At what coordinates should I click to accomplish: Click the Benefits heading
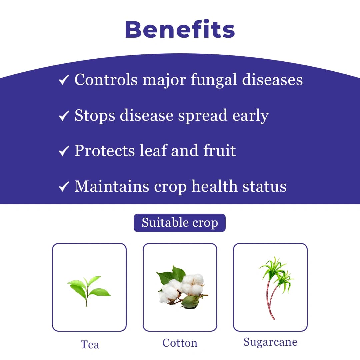pyautogui.click(x=180, y=29)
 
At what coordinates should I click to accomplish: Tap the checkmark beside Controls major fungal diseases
pyautogui.click(x=63, y=80)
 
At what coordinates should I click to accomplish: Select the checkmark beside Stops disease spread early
pyautogui.click(x=63, y=116)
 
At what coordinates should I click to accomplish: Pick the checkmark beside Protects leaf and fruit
pyautogui.click(x=63, y=151)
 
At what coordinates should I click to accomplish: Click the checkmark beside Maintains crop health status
pyautogui.click(x=63, y=186)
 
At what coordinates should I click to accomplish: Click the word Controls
pyautogui.click(x=106, y=80)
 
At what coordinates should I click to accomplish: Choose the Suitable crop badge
pyautogui.click(x=180, y=223)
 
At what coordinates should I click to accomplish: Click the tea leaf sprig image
pyautogui.click(x=89, y=290)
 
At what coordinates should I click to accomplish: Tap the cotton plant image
pyautogui.click(x=180, y=287)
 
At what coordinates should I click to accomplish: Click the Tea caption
pyautogui.click(x=90, y=344)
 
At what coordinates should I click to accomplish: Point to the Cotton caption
pyautogui.click(x=180, y=343)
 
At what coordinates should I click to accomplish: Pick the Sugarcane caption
pyautogui.click(x=270, y=342)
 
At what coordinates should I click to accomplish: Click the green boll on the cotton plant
pyautogui.click(x=190, y=302)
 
